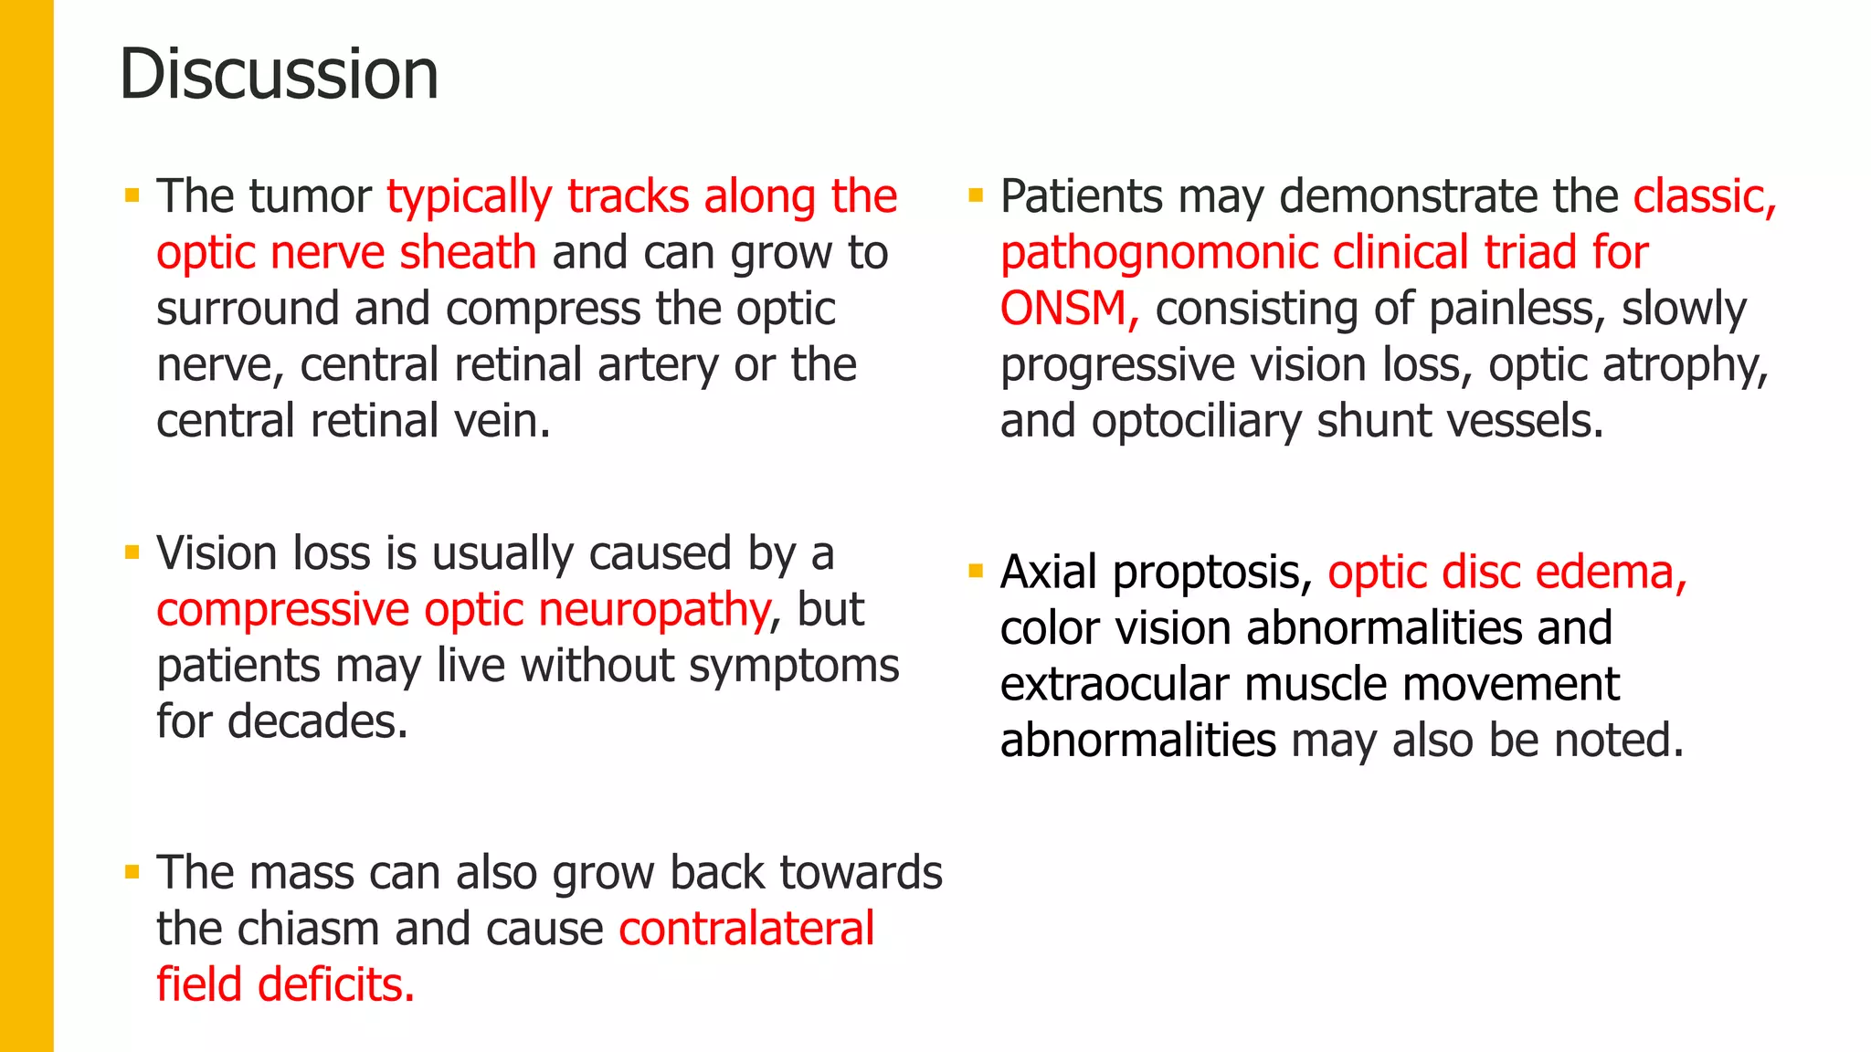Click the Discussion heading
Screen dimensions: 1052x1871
pyautogui.click(x=279, y=74)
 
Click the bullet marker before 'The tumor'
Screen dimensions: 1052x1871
pyautogui.click(x=132, y=195)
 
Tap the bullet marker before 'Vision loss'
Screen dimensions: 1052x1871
pyautogui.click(x=132, y=552)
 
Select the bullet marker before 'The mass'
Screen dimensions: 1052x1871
pyautogui.click(x=132, y=872)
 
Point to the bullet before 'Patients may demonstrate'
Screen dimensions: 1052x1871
pyautogui.click(x=976, y=195)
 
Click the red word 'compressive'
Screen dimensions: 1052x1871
pyautogui.click(x=282, y=610)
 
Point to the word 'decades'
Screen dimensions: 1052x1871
pyautogui.click(x=316, y=722)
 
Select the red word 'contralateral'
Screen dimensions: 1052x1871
pyautogui.click(x=746, y=930)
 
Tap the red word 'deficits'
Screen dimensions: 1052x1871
pyautogui.click(x=335, y=985)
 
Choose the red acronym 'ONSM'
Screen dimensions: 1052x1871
pyautogui.click(x=1063, y=309)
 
